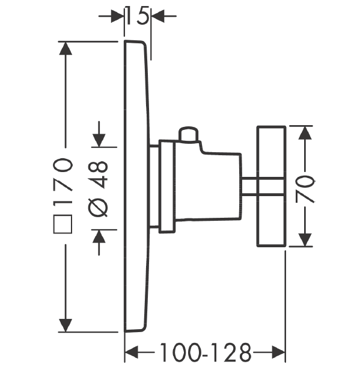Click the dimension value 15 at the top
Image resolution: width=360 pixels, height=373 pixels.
tap(138, 16)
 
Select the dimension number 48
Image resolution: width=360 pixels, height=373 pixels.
tap(98, 174)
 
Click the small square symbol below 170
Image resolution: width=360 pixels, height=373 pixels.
tap(63, 224)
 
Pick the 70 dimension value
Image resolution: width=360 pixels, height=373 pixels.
tap(305, 189)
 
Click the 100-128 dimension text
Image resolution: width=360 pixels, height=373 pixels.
tap(206, 352)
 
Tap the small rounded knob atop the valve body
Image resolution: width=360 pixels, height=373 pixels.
tap(189, 135)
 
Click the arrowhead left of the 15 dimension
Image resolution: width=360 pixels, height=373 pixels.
tap(117, 16)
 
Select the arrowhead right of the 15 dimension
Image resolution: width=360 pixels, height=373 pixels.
tap(158, 16)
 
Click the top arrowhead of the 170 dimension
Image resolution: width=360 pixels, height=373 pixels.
tap(65, 48)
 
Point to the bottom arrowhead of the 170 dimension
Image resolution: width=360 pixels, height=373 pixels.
tap(65, 325)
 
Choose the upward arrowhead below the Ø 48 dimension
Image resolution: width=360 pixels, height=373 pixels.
tap(99, 236)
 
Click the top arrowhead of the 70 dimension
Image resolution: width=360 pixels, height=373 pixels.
tap(305, 133)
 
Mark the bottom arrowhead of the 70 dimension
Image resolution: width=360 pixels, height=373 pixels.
tap(305, 240)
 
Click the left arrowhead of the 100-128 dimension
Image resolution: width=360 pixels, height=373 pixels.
tap(132, 352)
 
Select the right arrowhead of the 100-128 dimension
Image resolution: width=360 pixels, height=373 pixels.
tap(278, 352)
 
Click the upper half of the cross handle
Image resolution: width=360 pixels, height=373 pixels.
tap(272, 152)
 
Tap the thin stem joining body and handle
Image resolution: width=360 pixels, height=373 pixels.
tap(249, 186)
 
